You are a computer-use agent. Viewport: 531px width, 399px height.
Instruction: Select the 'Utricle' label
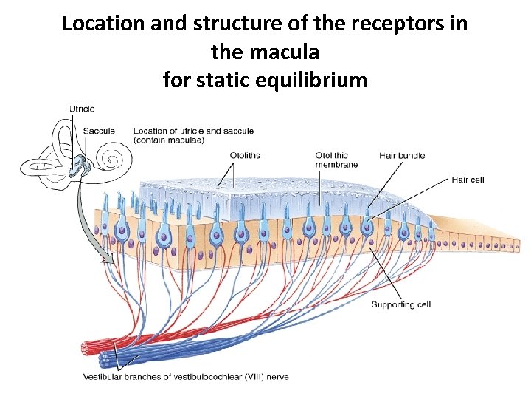tap(82, 109)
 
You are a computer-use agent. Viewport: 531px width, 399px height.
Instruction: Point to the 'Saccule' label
tap(99, 131)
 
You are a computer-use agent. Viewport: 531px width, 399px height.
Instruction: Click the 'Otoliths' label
tap(244, 155)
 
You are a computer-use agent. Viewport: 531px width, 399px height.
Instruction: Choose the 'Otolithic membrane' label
tap(336, 160)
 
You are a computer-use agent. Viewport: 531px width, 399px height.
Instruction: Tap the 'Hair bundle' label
tap(402, 155)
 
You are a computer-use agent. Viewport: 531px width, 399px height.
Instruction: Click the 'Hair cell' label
tap(468, 180)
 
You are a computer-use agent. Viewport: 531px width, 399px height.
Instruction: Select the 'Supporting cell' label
tap(400, 304)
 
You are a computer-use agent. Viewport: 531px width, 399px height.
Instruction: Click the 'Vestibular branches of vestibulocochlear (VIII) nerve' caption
tap(185, 377)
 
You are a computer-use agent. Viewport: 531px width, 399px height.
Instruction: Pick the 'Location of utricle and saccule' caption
tap(193, 135)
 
